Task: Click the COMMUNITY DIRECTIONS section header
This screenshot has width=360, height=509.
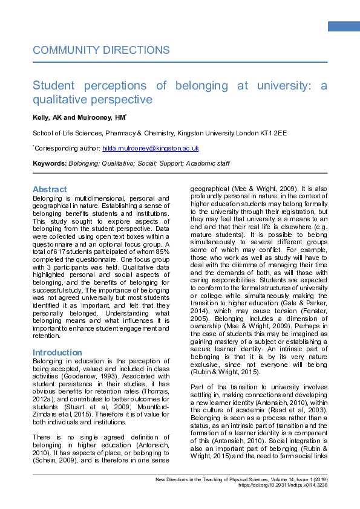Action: (x=101, y=50)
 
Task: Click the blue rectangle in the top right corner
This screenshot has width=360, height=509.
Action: (x=343, y=26)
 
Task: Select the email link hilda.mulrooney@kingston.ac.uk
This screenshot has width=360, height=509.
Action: (x=159, y=148)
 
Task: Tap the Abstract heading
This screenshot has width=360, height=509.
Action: (x=50, y=189)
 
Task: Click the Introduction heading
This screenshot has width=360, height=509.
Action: (x=57, y=352)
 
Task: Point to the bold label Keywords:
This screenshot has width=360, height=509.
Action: (x=50, y=164)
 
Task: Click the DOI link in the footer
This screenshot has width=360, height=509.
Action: (x=289, y=485)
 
